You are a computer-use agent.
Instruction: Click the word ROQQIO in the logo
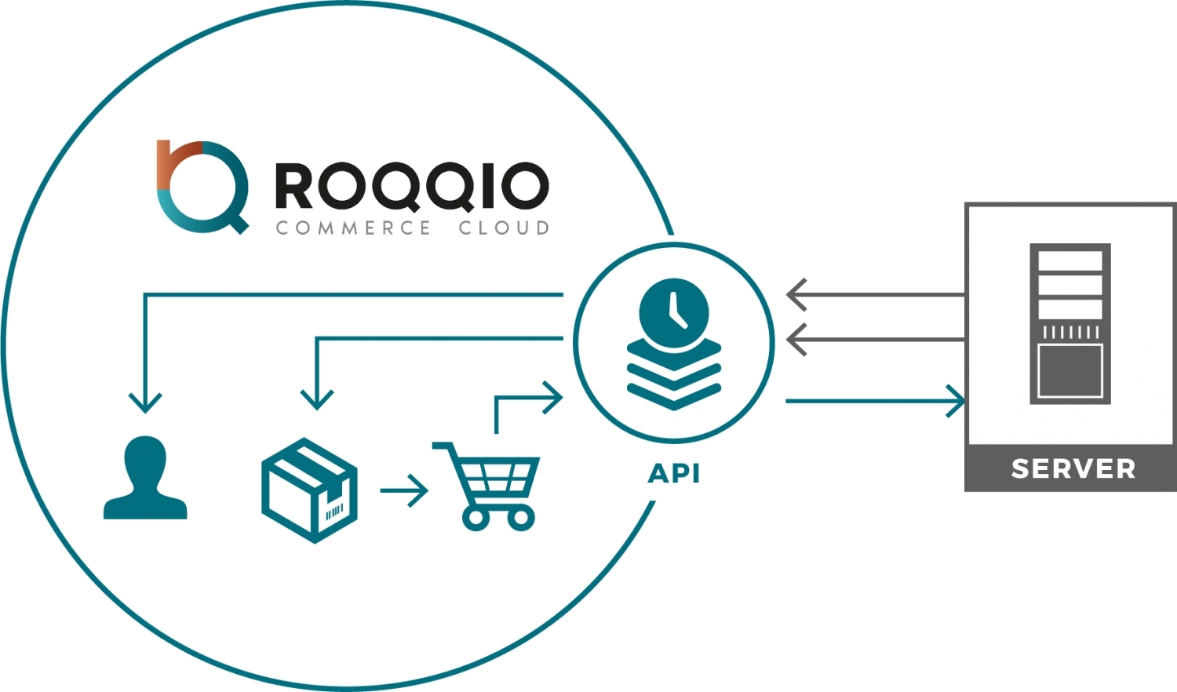[x=411, y=187]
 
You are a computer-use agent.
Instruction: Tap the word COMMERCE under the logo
[x=353, y=228]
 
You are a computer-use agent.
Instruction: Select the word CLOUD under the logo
[x=504, y=228]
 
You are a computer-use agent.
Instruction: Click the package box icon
[x=309, y=490]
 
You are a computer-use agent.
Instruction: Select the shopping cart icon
[x=488, y=486]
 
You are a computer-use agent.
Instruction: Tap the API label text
[x=674, y=473]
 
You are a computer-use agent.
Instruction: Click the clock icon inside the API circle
[x=674, y=311]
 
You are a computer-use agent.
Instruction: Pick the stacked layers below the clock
[x=674, y=376]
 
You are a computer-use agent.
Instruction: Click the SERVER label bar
[x=1073, y=468]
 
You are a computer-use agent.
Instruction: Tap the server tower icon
[x=1070, y=323]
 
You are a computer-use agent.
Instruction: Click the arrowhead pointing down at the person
[x=145, y=402]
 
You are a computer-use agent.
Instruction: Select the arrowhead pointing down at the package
[x=317, y=399]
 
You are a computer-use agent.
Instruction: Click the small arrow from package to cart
[x=406, y=490]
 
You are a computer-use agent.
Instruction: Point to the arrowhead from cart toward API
[x=553, y=398]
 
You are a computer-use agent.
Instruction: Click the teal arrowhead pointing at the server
[x=955, y=401]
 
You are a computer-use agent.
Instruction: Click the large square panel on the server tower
[x=1070, y=370]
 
